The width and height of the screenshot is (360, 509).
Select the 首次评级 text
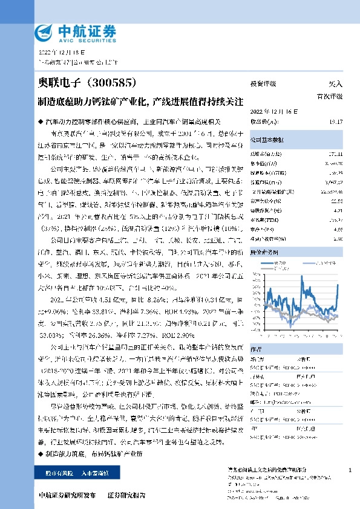click(x=330, y=96)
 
